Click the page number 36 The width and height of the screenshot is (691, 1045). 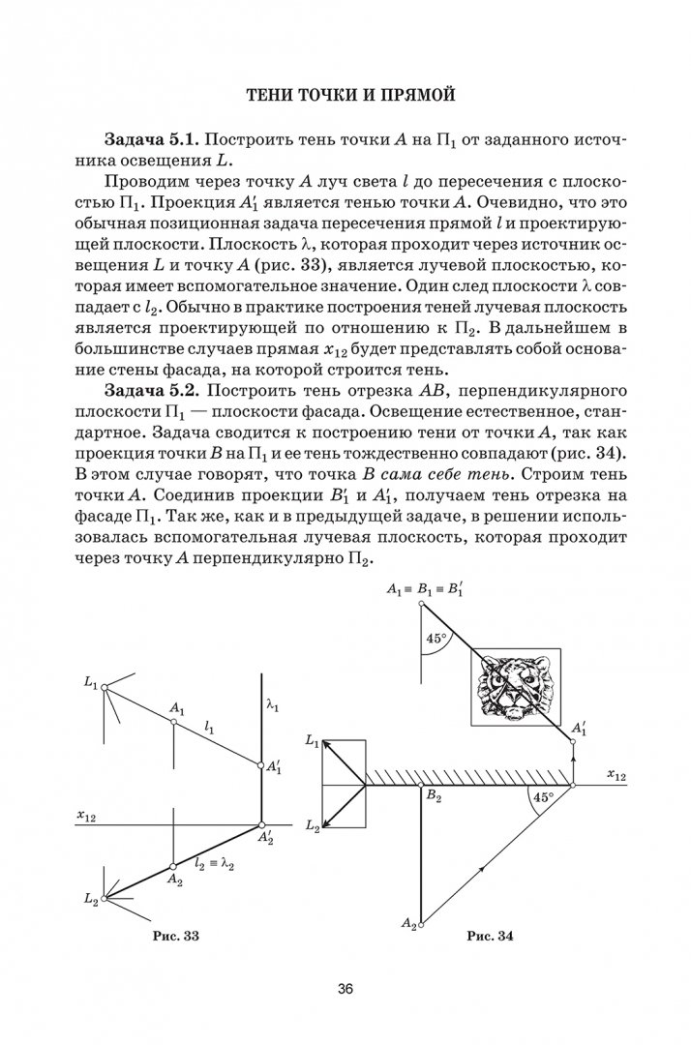click(x=345, y=989)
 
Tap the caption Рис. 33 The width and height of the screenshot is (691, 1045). click(x=176, y=936)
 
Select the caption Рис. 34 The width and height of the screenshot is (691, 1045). click(x=490, y=936)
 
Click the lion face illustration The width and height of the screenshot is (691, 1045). click(x=514, y=685)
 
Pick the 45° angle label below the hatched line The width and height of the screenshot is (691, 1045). click(x=542, y=798)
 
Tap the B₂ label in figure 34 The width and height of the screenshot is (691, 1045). click(x=433, y=797)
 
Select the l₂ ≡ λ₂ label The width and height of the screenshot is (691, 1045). click(x=215, y=862)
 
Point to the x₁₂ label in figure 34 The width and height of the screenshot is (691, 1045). click(x=616, y=774)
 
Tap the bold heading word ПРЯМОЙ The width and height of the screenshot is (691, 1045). click(x=412, y=95)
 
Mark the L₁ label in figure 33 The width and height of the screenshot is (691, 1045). click(x=91, y=683)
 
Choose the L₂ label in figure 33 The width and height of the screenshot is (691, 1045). click(x=91, y=899)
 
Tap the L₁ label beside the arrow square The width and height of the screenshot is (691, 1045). click(x=312, y=740)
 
